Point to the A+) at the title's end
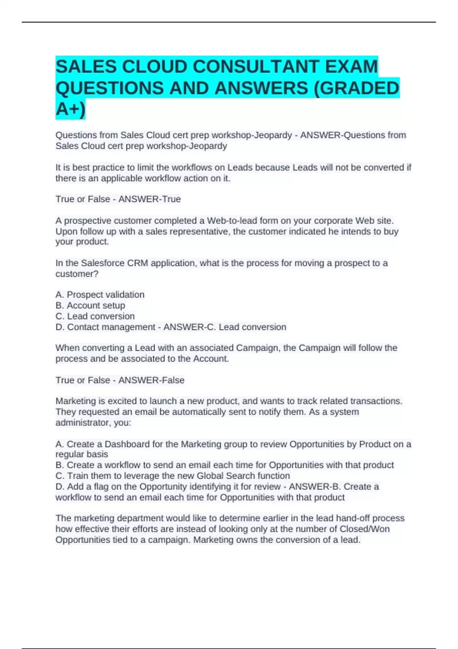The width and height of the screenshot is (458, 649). pyautogui.click(x=71, y=109)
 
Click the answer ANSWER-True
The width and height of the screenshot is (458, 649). pyautogui.click(x=149, y=199)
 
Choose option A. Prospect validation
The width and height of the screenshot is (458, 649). pyautogui.click(x=100, y=295)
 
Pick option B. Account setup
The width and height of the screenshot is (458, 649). pyautogui.click(x=90, y=305)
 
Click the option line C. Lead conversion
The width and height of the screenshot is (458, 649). pyautogui.click(x=95, y=316)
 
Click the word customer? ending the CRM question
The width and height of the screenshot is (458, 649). pyautogui.click(x=77, y=274)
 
